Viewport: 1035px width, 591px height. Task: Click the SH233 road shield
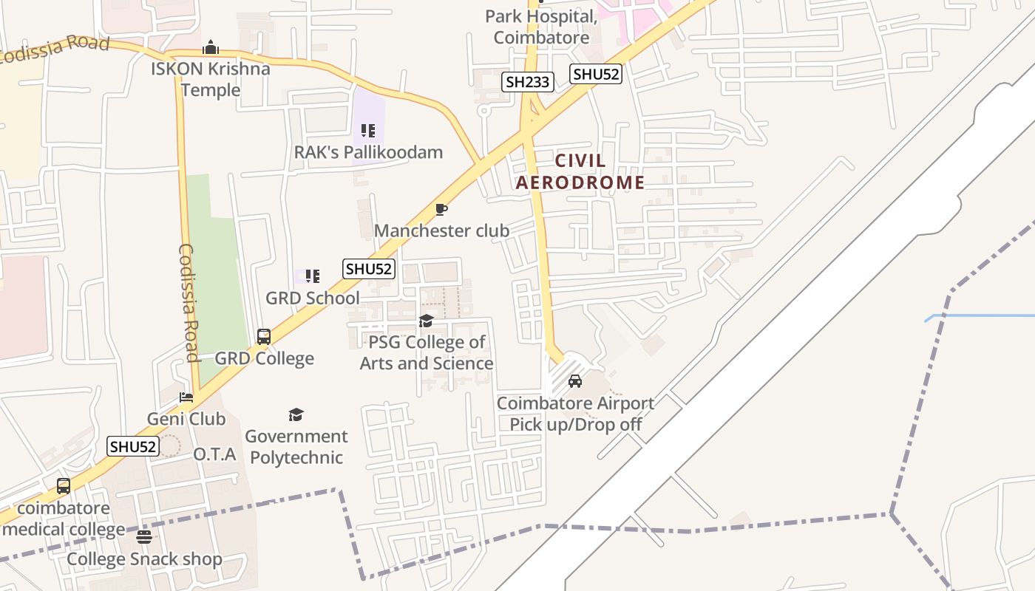tap(528, 82)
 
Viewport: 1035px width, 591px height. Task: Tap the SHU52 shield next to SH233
tap(595, 74)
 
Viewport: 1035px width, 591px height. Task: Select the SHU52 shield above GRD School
tap(369, 269)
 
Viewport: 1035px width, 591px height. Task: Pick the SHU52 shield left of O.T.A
tap(133, 446)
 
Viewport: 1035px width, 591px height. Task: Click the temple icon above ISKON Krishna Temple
tap(211, 48)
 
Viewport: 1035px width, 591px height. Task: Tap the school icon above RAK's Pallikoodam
tap(368, 131)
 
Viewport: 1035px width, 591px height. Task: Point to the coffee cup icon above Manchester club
tap(441, 210)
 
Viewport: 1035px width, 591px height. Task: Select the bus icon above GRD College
tap(264, 337)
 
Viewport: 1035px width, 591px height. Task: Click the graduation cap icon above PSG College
tap(427, 321)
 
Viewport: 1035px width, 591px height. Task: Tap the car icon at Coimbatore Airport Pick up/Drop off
tap(575, 382)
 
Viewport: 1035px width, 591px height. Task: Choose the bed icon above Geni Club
tap(186, 397)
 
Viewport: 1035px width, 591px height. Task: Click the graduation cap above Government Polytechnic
tap(296, 414)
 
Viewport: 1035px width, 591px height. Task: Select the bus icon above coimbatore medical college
tap(64, 486)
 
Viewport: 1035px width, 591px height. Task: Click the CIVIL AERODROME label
tap(580, 171)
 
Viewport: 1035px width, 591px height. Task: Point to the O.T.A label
tap(214, 454)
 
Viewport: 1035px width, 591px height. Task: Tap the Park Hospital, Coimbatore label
tap(541, 27)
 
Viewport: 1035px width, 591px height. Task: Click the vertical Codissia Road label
tap(189, 303)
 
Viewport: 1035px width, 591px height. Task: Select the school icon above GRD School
tap(313, 277)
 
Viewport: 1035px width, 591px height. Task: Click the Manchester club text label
tap(441, 230)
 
